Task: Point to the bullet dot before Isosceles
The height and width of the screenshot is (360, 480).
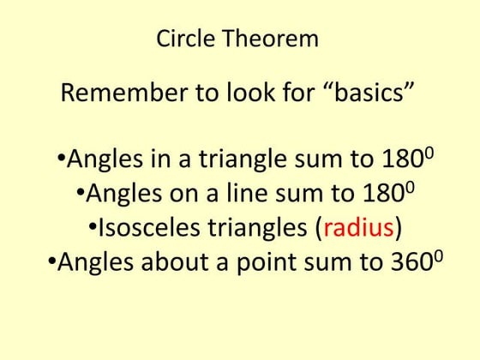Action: tap(93, 229)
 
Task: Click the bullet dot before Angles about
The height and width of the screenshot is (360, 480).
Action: tap(51, 262)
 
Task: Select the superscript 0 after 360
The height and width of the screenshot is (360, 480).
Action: tap(438, 255)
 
